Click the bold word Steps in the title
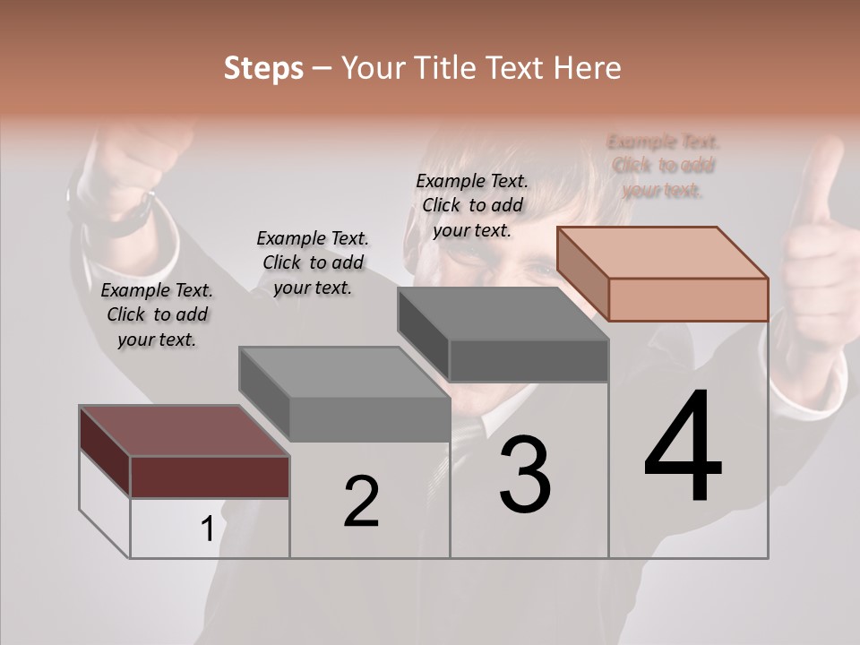point(263,68)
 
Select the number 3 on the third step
point(525,475)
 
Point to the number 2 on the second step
point(362,502)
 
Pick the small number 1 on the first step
point(207,529)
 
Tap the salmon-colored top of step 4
point(663,253)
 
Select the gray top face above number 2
point(345,373)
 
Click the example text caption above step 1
point(157,314)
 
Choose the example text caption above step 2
point(313,262)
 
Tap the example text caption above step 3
point(472,205)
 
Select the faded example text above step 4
point(663,166)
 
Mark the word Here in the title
point(588,68)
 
